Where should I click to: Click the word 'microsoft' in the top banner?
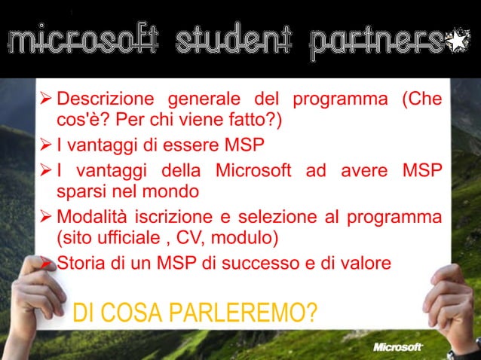(x=82, y=41)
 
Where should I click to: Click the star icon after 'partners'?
(x=457, y=41)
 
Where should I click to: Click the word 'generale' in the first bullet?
(x=201, y=100)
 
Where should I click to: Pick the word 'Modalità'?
(x=92, y=218)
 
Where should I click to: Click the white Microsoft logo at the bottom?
(x=398, y=347)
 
